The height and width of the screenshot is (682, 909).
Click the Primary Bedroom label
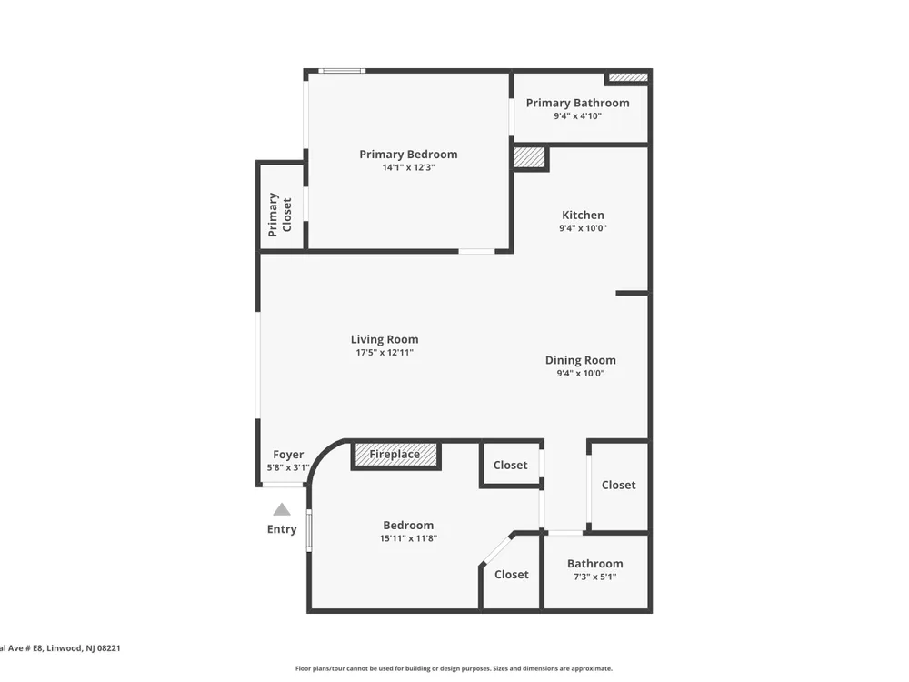pos(408,155)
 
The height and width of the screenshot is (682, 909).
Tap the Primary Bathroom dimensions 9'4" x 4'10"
pos(577,116)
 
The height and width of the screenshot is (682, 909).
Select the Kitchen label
pos(583,216)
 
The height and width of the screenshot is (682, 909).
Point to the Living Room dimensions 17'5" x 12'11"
pos(385,353)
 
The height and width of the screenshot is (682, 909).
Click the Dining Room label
pos(580,360)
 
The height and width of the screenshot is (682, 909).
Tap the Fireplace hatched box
pos(395,455)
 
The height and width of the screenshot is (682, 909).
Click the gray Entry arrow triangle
pos(282,509)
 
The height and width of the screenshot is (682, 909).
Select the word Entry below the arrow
pos(282,529)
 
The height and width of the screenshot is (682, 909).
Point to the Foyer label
pos(288,455)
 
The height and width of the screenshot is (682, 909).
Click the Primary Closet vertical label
pos(279,215)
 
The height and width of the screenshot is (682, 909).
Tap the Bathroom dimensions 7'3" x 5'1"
pos(594,577)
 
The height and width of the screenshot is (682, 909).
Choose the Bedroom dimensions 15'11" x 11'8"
pos(408,538)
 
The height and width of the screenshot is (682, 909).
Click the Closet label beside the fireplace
pos(510,465)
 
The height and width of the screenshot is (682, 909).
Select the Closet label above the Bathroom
pos(618,485)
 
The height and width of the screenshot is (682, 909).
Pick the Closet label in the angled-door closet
pos(511,574)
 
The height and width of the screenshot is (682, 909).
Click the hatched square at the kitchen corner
pos(530,157)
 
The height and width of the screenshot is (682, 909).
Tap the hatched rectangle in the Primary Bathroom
pos(628,77)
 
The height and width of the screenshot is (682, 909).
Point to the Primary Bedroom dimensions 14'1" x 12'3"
pos(408,167)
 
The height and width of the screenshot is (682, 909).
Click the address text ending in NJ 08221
pos(60,648)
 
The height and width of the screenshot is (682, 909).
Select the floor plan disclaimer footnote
pos(454,668)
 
